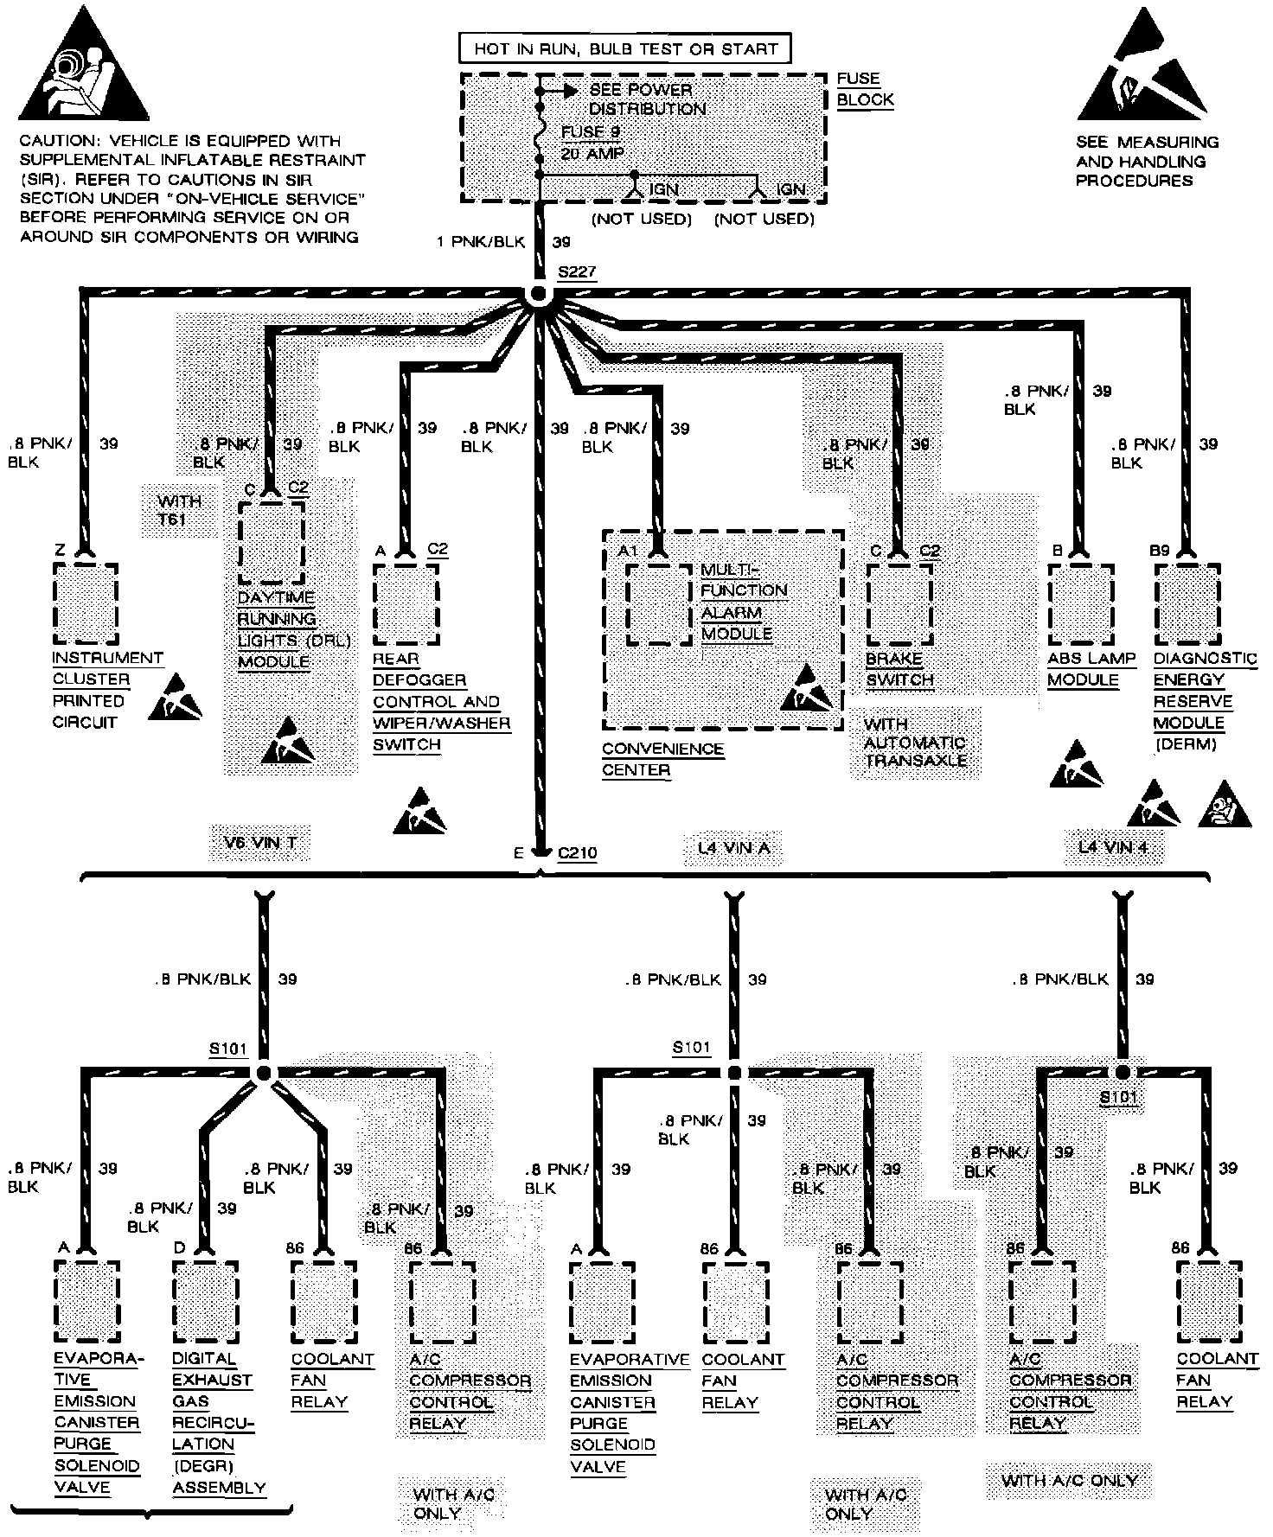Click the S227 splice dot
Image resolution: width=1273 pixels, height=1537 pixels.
[540, 294]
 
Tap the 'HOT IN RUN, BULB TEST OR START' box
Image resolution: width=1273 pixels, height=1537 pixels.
[625, 48]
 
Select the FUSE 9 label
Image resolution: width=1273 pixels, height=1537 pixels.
[591, 132]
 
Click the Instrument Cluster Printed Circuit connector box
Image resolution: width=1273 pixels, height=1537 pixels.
[85, 603]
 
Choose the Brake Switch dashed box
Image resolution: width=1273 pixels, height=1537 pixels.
[899, 604]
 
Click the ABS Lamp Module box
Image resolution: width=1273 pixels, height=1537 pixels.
[1080, 604]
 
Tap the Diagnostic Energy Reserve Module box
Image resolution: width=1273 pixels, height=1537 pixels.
[1187, 604]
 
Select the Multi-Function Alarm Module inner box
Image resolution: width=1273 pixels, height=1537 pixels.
[659, 604]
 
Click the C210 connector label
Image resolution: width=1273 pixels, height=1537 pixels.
[577, 853]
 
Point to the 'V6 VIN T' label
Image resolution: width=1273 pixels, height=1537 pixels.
[259, 842]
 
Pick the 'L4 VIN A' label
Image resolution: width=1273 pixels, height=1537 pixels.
[733, 848]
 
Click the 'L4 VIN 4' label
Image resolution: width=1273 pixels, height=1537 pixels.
[1113, 847]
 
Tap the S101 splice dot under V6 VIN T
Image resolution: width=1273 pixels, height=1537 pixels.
[264, 1073]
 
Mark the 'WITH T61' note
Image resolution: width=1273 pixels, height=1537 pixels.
[180, 510]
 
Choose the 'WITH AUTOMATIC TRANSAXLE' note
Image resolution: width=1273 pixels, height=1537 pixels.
[916, 743]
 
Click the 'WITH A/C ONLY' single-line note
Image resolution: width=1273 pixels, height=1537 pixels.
[1069, 1480]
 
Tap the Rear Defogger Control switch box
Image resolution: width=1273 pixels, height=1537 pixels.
[406, 604]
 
